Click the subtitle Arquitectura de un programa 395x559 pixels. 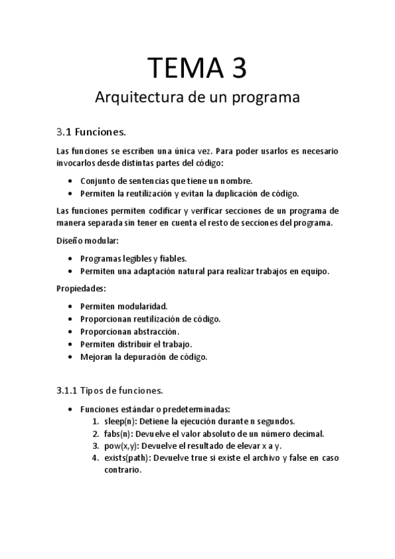point(198,98)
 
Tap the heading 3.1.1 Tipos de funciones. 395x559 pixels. point(109,390)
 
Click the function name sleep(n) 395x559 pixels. point(117,421)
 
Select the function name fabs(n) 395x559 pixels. point(115,434)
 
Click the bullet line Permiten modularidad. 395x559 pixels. point(124,306)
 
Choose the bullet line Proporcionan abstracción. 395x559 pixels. point(130,331)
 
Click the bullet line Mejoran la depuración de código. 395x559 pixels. point(144,357)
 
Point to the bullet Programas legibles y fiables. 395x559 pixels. point(133,258)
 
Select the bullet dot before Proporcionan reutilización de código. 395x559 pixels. point(71,319)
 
